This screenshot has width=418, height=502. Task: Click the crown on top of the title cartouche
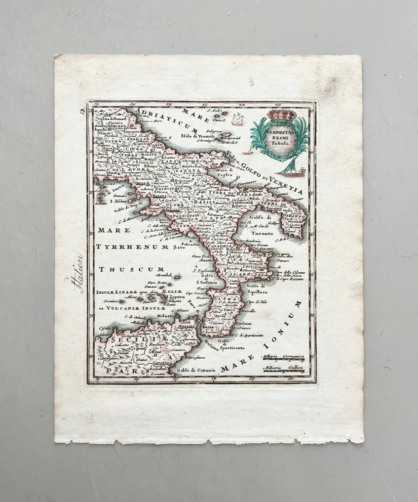click(x=281, y=115)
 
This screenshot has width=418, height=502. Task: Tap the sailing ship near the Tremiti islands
click(x=238, y=119)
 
